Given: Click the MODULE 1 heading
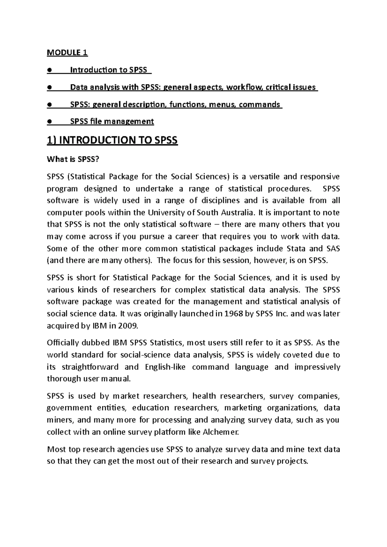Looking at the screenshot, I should click(67, 53).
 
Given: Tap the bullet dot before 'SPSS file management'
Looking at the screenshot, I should click(49, 122).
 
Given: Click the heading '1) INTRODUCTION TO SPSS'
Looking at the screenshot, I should click(112, 140).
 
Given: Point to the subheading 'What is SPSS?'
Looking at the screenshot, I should click(72, 159).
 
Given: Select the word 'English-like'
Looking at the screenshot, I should click(165, 367).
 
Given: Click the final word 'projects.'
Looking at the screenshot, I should click(292, 461).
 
